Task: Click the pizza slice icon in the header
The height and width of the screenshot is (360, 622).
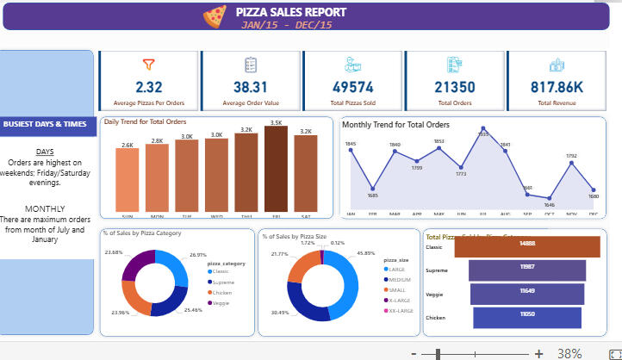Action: click(214, 15)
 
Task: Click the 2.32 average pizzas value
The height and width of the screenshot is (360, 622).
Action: click(148, 86)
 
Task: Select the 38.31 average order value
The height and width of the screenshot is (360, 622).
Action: click(251, 86)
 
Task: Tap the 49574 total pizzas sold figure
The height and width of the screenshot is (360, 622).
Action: click(352, 86)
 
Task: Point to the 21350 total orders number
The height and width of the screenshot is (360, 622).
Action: click(454, 86)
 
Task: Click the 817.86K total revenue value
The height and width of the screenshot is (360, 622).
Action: click(557, 86)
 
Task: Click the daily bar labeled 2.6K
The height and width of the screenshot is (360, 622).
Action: click(128, 180)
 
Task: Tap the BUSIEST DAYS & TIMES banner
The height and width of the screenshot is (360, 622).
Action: click(45, 124)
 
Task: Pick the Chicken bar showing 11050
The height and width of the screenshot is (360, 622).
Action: click(527, 317)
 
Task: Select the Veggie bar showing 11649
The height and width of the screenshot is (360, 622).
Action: click(527, 293)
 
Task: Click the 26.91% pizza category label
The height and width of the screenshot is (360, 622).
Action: click(197, 255)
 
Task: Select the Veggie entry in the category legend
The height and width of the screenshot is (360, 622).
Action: click(222, 303)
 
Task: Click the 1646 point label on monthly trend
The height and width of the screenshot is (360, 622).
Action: click(549, 206)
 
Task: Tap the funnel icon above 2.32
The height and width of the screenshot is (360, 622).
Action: click(148, 64)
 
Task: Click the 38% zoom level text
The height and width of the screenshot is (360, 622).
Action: click(569, 353)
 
